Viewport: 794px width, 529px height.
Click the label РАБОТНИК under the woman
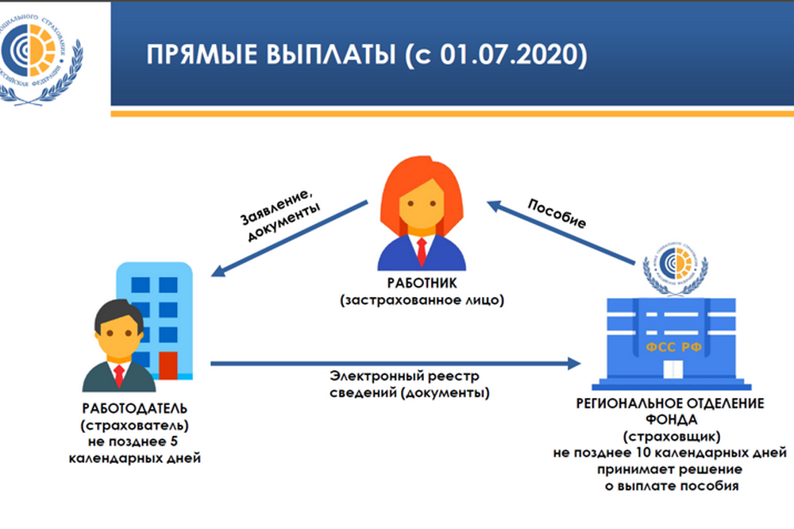tap(422, 284)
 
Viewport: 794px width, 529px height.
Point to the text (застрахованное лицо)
tap(422, 300)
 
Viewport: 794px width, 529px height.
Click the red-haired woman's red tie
tap(422, 252)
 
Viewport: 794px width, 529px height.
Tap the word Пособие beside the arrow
tap(557, 213)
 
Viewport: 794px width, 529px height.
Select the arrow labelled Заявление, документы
tap(289, 238)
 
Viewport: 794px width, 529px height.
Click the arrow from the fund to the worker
tap(561, 233)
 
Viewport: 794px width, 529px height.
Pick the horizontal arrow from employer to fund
tap(395, 363)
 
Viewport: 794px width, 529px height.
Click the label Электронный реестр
tap(404, 376)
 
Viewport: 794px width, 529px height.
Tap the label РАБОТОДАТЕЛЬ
tap(135, 408)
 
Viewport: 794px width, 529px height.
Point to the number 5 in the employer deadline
tap(174, 442)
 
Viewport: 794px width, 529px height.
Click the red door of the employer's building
tap(168, 365)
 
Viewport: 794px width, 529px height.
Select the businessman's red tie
tap(119, 376)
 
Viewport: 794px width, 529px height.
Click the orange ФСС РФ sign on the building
tap(673, 347)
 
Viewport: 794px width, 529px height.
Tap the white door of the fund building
tap(673, 369)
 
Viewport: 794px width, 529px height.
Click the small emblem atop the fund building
tap(675, 268)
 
